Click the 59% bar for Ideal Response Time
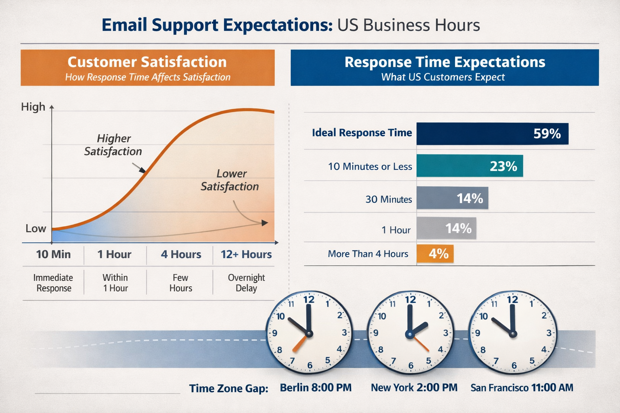(x=492, y=133)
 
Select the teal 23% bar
(x=469, y=166)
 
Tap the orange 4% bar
(x=435, y=254)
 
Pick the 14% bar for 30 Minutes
(x=452, y=198)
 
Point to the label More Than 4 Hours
(x=368, y=254)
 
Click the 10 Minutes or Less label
(x=370, y=167)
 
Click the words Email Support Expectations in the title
(x=217, y=25)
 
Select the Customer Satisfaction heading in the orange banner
(x=147, y=62)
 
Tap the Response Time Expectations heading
(x=444, y=62)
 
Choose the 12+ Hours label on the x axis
(x=246, y=254)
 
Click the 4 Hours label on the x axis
(x=181, y=254)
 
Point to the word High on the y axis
(x=33, y=107)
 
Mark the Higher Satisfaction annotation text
(x=113, y=145)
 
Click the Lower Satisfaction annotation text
(x=230, y=180)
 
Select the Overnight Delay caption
(x=246, y=283)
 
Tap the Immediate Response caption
(x=53, y=283)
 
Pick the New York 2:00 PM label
(x=414, y=388)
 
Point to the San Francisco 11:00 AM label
(x=522, y=388)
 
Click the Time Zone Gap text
(x=228, y=388)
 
